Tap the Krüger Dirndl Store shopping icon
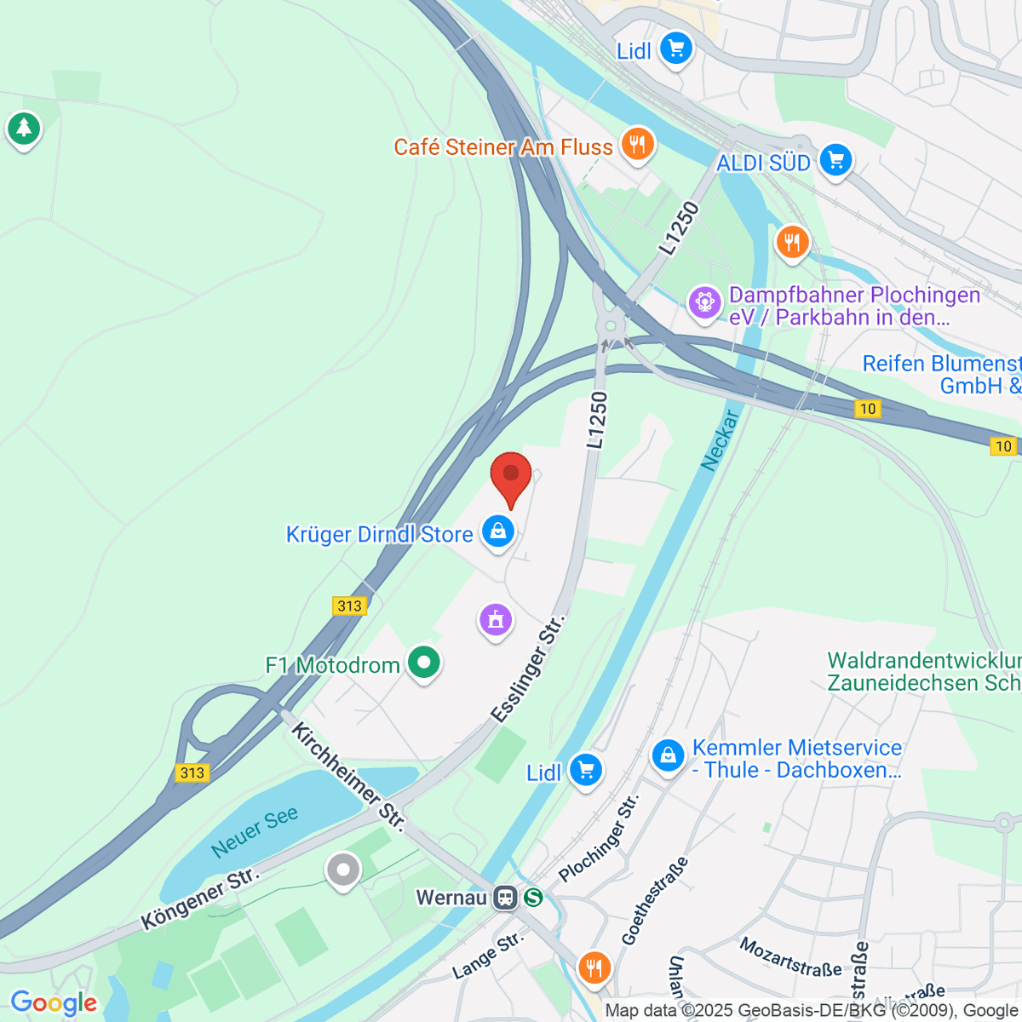(x=498, y=532)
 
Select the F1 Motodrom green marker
(x=423, y=663)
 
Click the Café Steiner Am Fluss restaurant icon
(x=637, y=143)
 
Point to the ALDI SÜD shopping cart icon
(x=835, y=160)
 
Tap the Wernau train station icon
(x=506, y=897)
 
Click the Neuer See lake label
(x=255, y=831)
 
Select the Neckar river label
(x=720, y=440)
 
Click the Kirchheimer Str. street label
(x=348, y=775)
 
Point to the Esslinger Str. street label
(x=529, y=672)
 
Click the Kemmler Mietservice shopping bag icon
(x=669, y=755)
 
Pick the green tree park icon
(x=24, y=129)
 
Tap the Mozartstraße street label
(x=790, y=957)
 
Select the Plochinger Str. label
(x=599, y=839)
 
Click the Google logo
(x=54, y=1003)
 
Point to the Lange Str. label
(x=487, y=956)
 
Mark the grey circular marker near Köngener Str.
(x=343, y=870)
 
